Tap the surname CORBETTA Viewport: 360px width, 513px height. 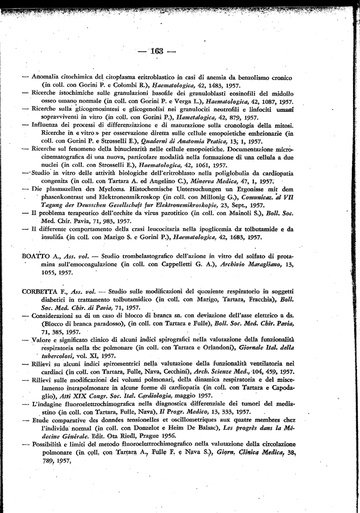(x=41, y=292)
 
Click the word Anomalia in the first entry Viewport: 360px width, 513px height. (x=47, y=78)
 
